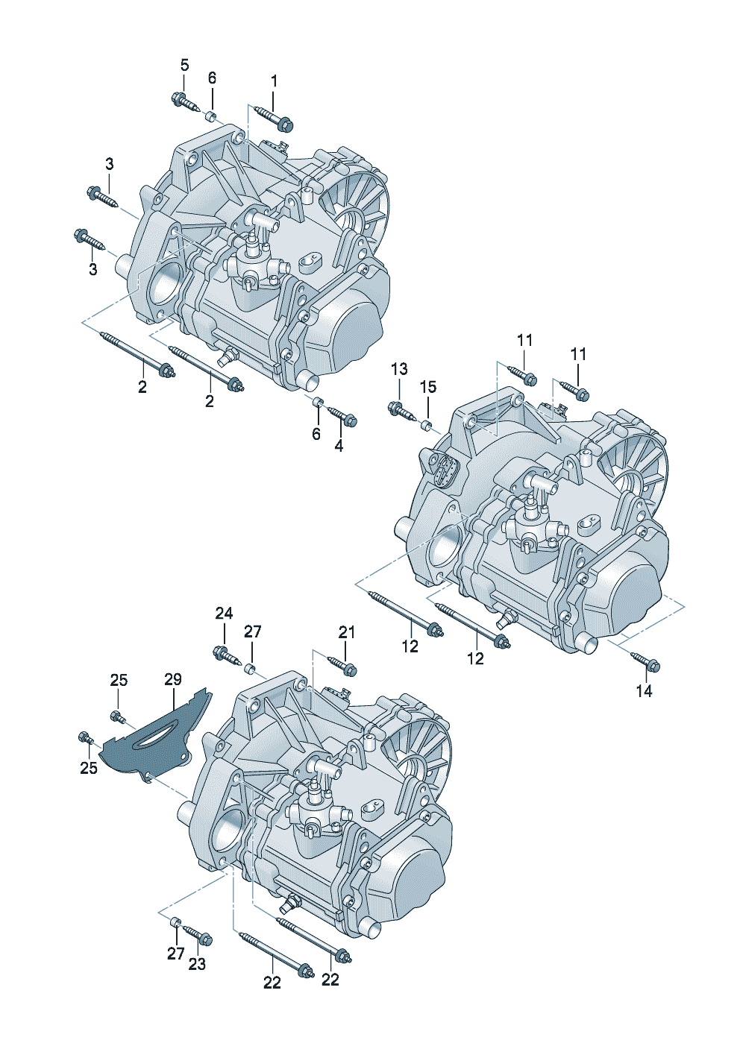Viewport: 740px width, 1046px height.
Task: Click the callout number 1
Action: [x=274, y=80]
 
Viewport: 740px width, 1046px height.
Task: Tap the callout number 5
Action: [x=184, y=65]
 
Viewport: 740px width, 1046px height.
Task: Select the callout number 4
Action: [x=339, y=446]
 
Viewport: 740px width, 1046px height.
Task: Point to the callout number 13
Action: [x=399, y=368]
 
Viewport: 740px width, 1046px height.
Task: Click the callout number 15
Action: [x=427, y=387]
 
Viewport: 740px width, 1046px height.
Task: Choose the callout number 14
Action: [x=644, y=691]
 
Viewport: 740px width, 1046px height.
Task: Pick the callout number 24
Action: [x=224, y=613]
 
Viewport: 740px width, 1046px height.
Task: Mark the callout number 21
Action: [x=347, y=632]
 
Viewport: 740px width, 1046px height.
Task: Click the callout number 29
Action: [x=173, y=679]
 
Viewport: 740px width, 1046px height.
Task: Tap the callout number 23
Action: [x=196, y=964]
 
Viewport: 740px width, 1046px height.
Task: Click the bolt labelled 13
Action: [x=399, y=409]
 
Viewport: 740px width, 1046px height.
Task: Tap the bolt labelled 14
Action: [x=645, y=661]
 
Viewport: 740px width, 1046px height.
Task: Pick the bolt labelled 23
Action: [x=198, y=934]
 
